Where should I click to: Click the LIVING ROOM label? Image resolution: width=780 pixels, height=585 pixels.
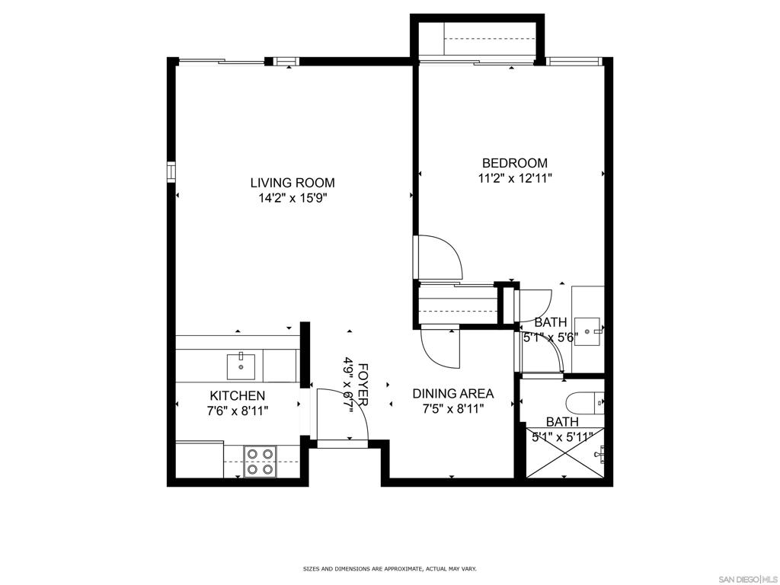pyautogui.click(x=292, y=183)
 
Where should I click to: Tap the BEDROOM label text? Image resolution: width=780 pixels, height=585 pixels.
pyautogui.click(x=515, y=163)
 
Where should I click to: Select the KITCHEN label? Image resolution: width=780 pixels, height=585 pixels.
pyautogui.click(x=238, y=395)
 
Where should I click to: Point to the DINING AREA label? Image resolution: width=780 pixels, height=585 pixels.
pyautogui.click(x=453, y=394)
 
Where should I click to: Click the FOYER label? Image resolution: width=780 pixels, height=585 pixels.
pyautogui.click(x=363, y=385)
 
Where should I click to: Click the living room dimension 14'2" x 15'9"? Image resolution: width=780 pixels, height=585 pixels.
pyautogui.click(x=292, y=199)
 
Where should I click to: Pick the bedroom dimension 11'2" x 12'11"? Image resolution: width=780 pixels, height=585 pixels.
pyautogui.click(x=515, y=178)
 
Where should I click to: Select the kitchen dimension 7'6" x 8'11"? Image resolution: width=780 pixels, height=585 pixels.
pyautogui.click(x=238, y=411)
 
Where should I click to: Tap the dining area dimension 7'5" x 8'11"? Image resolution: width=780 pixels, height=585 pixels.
pyautogui.click(x=453, y=409)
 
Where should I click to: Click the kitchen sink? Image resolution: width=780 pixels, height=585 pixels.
pyautogui.click(x=241, y=366)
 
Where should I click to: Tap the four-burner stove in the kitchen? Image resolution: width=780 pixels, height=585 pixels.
pyautogui.click(x=261, y=461)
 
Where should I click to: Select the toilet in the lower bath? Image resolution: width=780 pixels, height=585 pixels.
pyautogui.click(x=585, y=403)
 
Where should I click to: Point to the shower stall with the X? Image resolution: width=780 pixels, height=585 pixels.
pyautogui.click(x=565, y=452)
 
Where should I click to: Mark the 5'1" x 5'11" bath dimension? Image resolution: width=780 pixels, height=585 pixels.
pyautogui.click(x=562, y=437)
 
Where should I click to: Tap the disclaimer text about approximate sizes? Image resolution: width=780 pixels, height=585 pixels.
pyautogui.click(x=390, y=567)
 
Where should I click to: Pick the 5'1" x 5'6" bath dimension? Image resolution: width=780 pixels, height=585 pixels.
pyautogui.click(x=551, y=338)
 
